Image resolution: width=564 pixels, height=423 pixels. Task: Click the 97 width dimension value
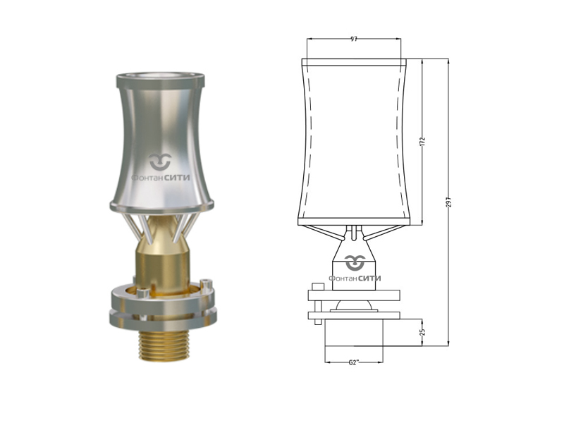(354, 39)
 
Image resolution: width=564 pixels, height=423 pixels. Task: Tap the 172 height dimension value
(422, 140)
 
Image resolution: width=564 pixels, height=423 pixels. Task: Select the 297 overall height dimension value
(448, 202)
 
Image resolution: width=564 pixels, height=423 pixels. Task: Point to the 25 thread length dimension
(422, 331)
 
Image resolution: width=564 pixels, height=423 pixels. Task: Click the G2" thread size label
(354, 362)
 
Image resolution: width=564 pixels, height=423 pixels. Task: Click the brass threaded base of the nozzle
(164, 345)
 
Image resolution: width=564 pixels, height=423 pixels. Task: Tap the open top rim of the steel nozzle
(161, 77)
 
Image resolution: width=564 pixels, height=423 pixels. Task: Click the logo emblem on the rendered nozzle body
(161, 162)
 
